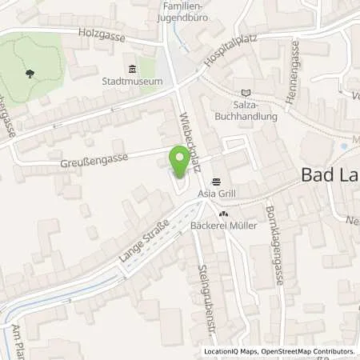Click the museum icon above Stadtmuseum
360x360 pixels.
click(132, 69)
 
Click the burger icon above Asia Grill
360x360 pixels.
click(215, 181)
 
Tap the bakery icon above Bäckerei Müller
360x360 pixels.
click(223, 214)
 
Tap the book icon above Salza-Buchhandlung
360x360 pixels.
click(245, 94)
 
